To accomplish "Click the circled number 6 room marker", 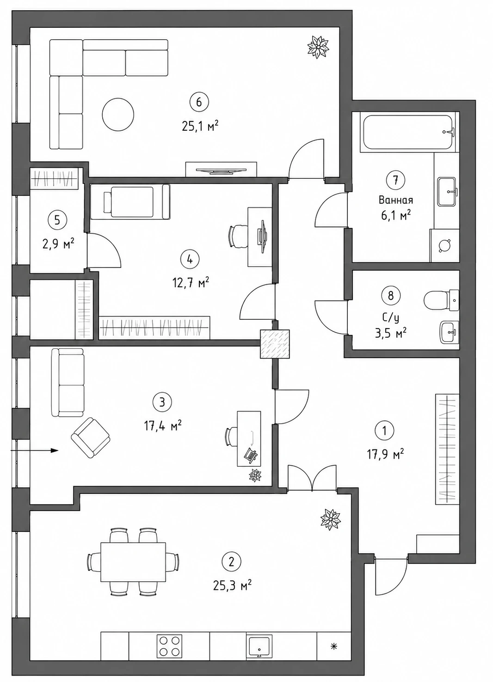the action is (x=199, y=102).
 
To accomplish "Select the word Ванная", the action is (x=396, y=201).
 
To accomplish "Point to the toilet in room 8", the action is (x=442, y=300).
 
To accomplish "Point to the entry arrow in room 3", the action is (x=34, y=451).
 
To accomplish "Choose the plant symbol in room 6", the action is (x=318, y=47).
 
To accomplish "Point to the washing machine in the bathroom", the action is (x=444, y=245).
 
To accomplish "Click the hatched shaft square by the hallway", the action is (x=275, y=343).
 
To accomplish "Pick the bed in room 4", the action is (x=130, y=202).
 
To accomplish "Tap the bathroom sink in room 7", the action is (x=447, y=191).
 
